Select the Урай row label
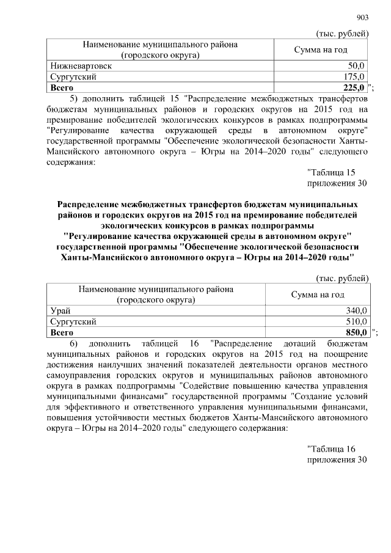coord(60,310)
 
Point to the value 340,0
coord(354,310)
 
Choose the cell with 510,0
coord(354,321)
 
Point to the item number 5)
coord(74,98)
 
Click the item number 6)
coord(74,343)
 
